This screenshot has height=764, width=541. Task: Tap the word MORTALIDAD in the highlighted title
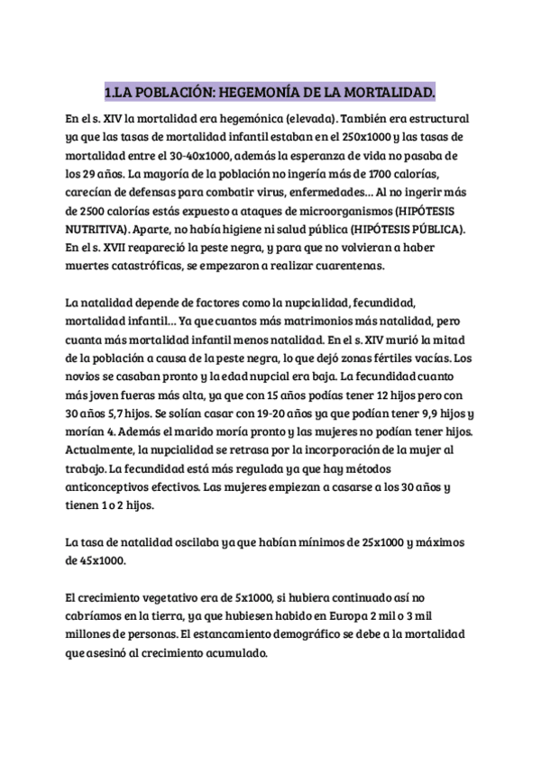point(392,93)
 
